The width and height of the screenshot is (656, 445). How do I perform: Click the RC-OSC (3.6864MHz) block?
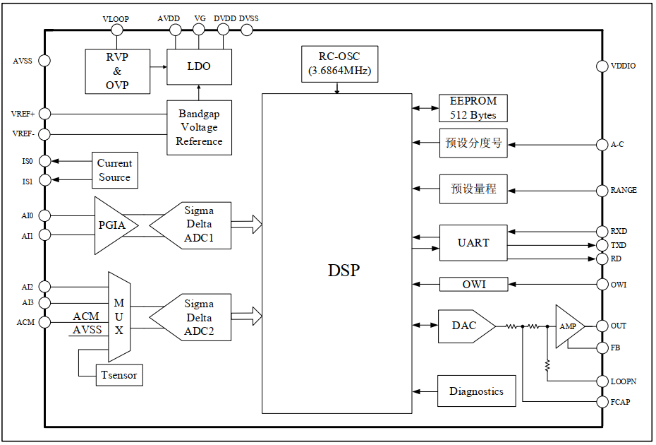point(339,64)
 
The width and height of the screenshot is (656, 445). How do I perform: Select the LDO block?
point(199,67)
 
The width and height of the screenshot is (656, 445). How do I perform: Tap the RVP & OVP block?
point(117,71)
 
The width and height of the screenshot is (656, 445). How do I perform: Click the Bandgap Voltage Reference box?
point(199,128)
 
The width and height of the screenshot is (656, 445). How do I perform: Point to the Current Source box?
point(114,170)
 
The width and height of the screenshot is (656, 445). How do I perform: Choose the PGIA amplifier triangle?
point(113,225)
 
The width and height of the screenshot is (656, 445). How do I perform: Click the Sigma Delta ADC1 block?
point(197,225)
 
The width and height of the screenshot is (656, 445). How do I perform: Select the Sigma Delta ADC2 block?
point(197,318)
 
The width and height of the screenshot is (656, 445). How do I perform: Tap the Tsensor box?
point(119,375)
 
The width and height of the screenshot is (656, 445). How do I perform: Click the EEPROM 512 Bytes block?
point(473,108)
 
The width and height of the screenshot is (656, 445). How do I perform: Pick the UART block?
point(473,243)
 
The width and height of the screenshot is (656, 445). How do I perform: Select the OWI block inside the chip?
point(473,285)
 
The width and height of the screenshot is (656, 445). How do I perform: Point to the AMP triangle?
point(567,326)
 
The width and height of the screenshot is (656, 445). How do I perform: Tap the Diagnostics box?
point(476,391)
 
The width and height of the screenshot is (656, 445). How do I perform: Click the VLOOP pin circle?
point(117,30)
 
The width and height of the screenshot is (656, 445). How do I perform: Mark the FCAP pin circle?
point(602,402)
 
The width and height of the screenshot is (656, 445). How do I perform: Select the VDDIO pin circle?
point(602,66)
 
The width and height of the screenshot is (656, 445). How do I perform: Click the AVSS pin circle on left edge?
point(44,61)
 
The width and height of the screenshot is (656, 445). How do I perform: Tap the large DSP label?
point(344,271)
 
